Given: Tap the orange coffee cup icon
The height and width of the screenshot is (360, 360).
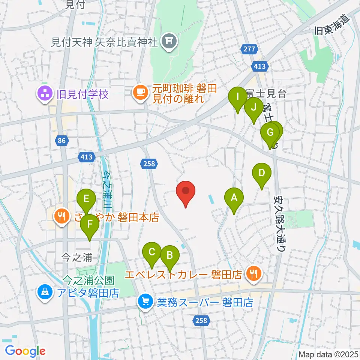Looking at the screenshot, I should coord(141,92).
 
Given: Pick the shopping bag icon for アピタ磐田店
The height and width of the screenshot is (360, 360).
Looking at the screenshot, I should coord(45,291).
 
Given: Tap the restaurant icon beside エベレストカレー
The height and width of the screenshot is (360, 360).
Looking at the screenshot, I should coord(254,274).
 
